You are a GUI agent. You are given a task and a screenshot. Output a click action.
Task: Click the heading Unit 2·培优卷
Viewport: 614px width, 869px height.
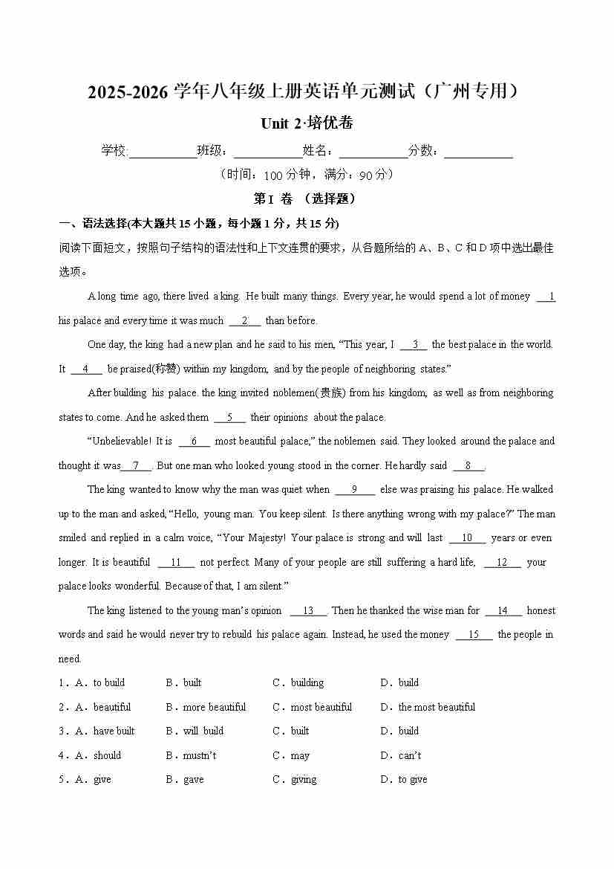click(307, 123)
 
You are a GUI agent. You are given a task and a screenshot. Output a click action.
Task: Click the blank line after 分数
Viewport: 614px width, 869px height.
click(479, 152)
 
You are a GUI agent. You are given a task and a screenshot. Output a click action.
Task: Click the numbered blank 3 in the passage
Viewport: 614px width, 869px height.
click(414, 344)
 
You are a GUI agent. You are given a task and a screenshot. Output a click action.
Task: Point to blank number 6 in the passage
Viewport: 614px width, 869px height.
click(195, 441)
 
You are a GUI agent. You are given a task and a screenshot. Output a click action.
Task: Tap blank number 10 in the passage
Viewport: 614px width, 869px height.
click(467, 537)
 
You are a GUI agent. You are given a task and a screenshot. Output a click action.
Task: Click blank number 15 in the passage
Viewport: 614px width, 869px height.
click(474, 634)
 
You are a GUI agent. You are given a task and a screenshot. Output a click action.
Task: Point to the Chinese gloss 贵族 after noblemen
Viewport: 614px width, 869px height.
click(331, 392)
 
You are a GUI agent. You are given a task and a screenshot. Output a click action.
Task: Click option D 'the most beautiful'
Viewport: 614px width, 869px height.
click(437, 707)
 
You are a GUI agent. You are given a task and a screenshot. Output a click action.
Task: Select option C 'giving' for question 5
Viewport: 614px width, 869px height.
click(303, 779)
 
